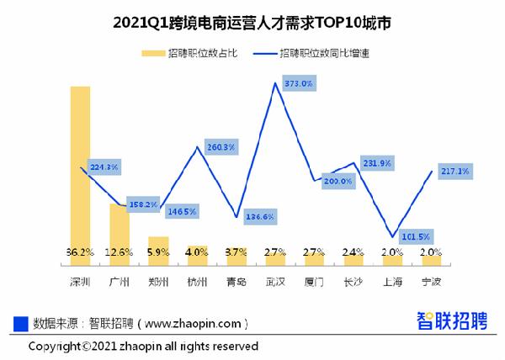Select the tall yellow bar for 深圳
tap(80, 168)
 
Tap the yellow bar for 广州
tap(119, 227)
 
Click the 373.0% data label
tap(299, 84)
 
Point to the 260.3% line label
tap(221, 147)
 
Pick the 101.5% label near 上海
tap(414, 236)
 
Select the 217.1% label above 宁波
tap(454, 172)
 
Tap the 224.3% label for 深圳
tap(104, 166)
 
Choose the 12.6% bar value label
tap(119, 251)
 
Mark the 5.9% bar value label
tap(158, 251)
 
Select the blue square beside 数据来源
tap(21, 323)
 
